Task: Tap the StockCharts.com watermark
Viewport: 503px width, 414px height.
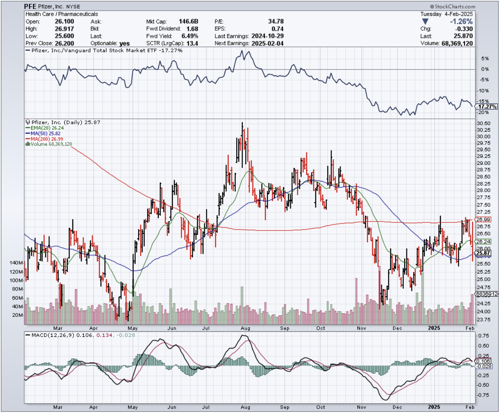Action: [453, 7]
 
